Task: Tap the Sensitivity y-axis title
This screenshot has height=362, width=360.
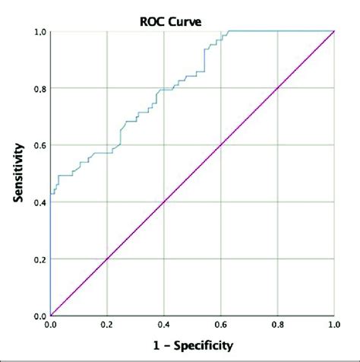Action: (x=17, y=174)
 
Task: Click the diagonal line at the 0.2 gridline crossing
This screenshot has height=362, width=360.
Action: (x=107, y=259)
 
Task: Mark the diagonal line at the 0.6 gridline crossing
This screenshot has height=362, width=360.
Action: (x=221, y=144)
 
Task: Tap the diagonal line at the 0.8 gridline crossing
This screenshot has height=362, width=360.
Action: (x=278, y=88)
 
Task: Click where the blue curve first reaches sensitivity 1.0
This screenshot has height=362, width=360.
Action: (x=229, y=31)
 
